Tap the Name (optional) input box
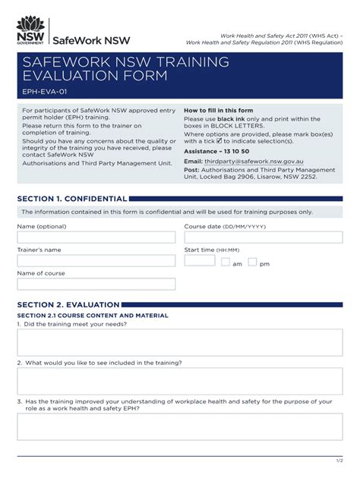[96, 237]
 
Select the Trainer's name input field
[96, 261]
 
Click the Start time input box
[200, 261]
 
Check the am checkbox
[226, 263]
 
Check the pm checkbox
[253, 263]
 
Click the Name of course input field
[96, 284]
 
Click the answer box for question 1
[179, 342]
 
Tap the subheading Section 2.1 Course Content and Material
[92, 316]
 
